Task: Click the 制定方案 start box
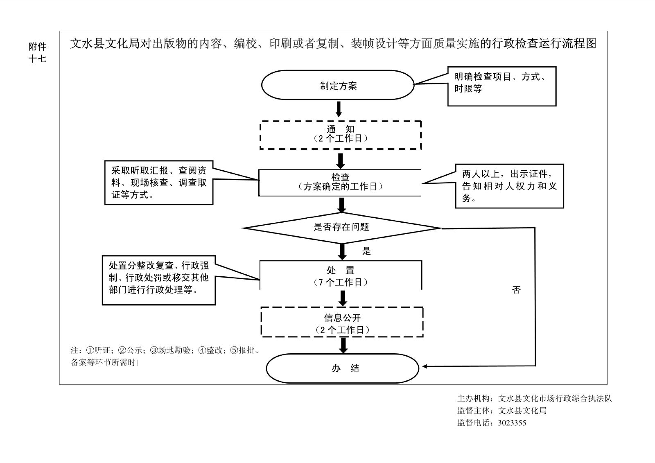click(x=338, y=85)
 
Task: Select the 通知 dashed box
click(x=341, y=135)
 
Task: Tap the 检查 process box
click(x=340, y=182)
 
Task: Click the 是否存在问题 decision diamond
click(x=342, y=228)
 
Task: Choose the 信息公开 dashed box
click(x=342, y=323)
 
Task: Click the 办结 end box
click(x=342, y=368)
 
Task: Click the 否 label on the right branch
click(x=516, y=290)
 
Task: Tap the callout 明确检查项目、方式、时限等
click(x=501, y=86)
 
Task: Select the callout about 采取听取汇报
click(x=159, y=183)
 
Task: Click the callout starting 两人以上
click(x=509, y=186)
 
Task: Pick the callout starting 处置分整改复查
click(x=158, y=280)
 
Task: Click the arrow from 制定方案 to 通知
click(x=339, y=109)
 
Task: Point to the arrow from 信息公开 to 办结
click(x=343, y=345)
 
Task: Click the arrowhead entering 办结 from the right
click(x=426, y=366)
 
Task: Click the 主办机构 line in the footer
click(x=534, y=398)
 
